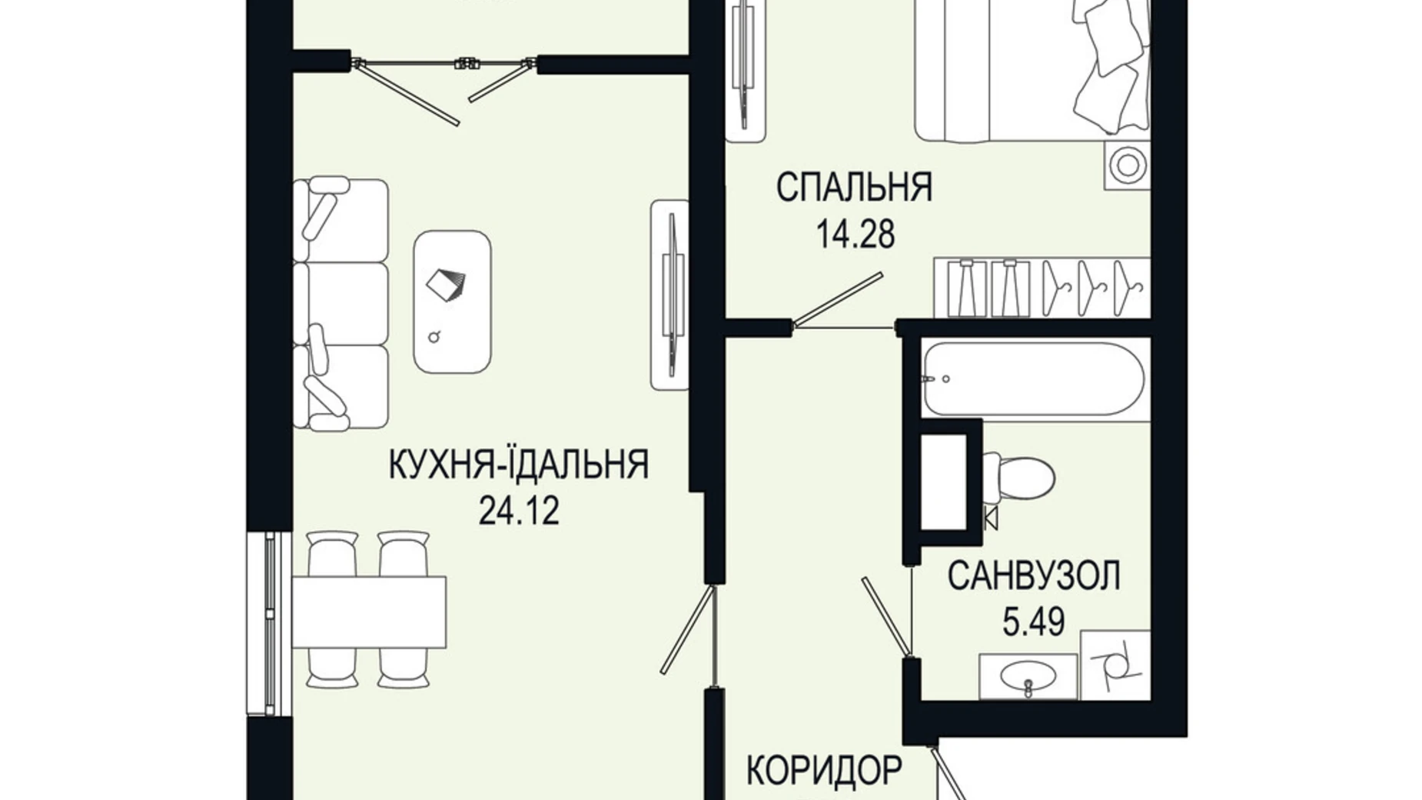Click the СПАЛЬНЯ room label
854,187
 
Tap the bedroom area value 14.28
855,234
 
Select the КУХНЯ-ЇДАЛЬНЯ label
519,465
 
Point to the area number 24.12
519,510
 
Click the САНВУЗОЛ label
1033,575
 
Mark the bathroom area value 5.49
1033,622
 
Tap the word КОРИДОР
824,770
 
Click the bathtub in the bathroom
1034,379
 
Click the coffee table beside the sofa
452,302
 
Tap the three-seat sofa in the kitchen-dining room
340,304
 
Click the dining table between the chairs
369,612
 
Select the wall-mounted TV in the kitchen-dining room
670,295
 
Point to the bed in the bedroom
1030,69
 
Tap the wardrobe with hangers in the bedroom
1042,288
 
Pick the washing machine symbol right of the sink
1115,665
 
